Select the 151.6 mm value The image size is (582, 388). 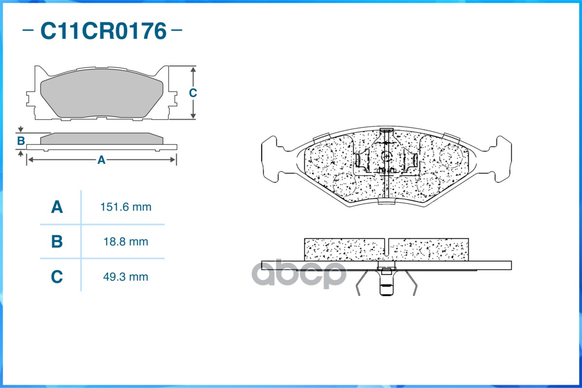tap(126, 207)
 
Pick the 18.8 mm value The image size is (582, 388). tap(126, 242)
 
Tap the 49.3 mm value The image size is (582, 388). tap(126, 277)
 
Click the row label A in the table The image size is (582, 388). tap(57, 207)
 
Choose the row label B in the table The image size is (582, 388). tap(57, 242)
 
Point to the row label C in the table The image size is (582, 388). tap(57, 277)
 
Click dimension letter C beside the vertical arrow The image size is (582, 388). tap(193, 93)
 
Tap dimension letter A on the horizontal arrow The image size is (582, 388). tap(101, 160)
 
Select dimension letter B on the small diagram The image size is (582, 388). tap(21, 141)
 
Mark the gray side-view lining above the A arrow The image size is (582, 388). tap(101, 139)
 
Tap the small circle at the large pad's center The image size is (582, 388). tap(386, 156)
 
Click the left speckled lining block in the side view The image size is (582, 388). tap(344, 250)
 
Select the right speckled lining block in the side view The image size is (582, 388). tap(429, 250)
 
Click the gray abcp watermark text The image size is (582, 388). tap(300, 275)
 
